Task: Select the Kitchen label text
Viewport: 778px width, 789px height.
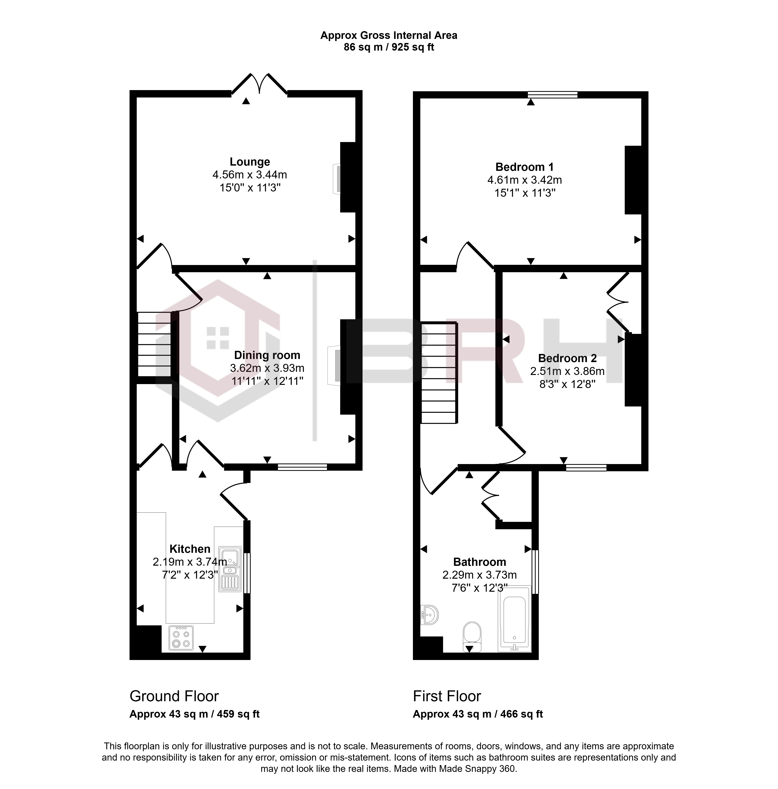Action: coord(190,549)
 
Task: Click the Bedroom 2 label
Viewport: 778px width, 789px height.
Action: coord(567,358)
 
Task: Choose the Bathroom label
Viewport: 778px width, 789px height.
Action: coord(480,562)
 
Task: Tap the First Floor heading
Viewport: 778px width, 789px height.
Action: coord(447,696)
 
